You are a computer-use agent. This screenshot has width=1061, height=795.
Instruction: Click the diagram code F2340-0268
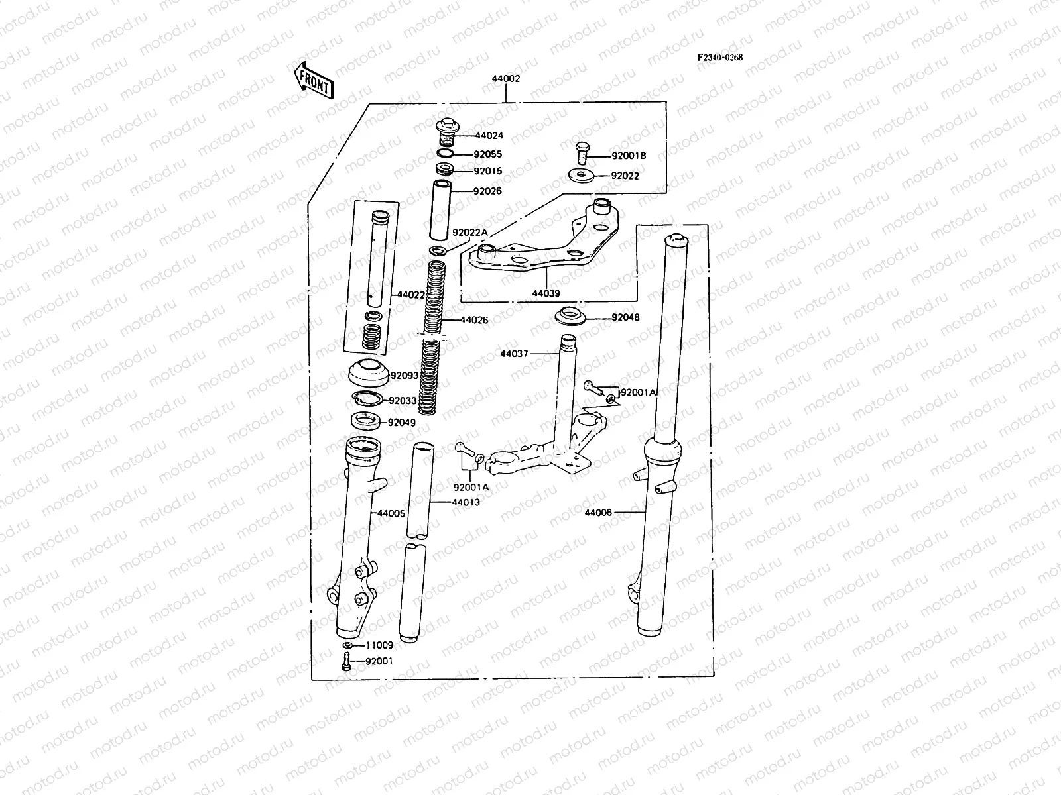719,57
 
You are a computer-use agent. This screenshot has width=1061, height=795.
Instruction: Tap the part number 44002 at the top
505,78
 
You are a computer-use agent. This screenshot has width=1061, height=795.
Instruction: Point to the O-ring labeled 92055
446,154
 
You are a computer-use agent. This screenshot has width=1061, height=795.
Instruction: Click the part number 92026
487,191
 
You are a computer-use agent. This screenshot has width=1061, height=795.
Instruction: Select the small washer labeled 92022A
438,250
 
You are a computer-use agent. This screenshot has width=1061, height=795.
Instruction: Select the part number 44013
466,502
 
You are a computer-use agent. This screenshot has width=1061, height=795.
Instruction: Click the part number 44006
598,512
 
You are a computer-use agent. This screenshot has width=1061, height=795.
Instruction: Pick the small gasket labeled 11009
348,645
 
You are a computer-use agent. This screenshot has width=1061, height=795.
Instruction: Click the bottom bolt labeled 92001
345,661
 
